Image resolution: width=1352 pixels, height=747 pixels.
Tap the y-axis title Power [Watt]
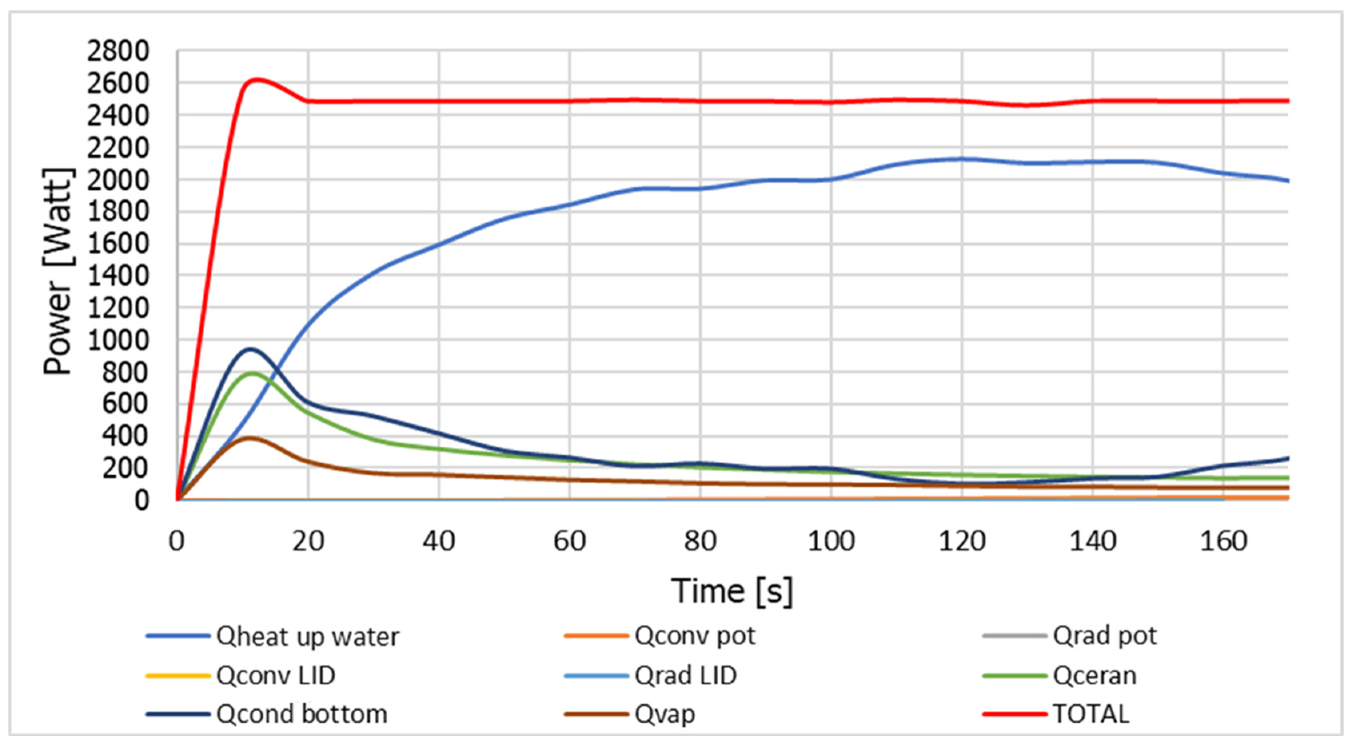click(58, 271)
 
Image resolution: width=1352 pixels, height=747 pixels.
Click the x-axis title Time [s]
click(732, 591)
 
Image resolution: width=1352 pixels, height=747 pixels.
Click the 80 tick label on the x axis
click(700, 541)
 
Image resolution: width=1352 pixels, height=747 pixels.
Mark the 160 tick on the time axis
click(1223, 541)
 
